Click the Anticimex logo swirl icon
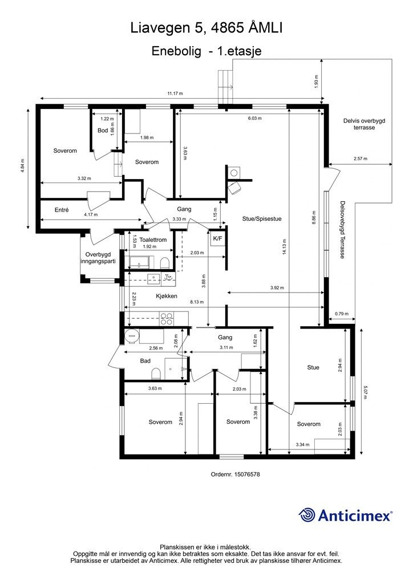(x=306, y=515)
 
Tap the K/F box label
(x=217, y=238)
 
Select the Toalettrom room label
(x=153, y=240)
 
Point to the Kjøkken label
(x=166, y=296)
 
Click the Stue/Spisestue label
(x=262, y=218)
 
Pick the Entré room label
(x=62, y=210)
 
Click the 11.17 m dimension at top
(x=175, y=93)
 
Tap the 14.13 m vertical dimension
(x=285, y=246)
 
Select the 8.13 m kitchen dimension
(x=197, y=302)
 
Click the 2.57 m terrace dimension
(x=361, y=159)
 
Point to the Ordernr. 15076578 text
(x=236, y=474)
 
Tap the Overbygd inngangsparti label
(x=98, y=258)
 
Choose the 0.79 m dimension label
(x=342, y=314)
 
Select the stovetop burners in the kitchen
(x=166, y=319)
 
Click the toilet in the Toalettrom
(x=164, y=263)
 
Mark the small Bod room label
(x=103, y=131)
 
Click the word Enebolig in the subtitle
(x=176, y=51)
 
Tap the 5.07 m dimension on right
(x=365, y=391)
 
